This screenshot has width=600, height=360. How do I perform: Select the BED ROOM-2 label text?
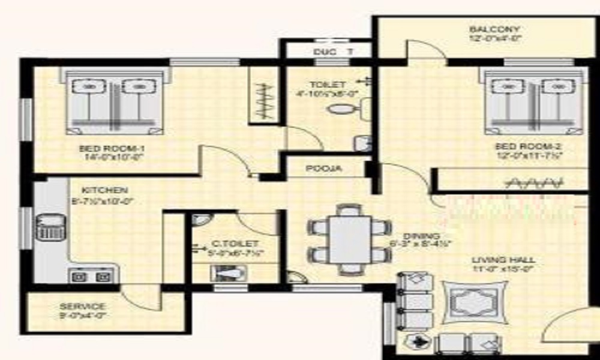point(519,146)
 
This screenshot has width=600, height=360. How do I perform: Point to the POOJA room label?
point(324,169)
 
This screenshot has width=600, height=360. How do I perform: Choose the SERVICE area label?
point(83,306)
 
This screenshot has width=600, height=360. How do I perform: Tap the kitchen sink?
point(49,227)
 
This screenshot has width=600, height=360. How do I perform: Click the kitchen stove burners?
point(90,277)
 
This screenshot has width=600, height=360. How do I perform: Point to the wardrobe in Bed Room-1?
point(263,96)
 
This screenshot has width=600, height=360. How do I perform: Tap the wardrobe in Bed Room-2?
point(510,180)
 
